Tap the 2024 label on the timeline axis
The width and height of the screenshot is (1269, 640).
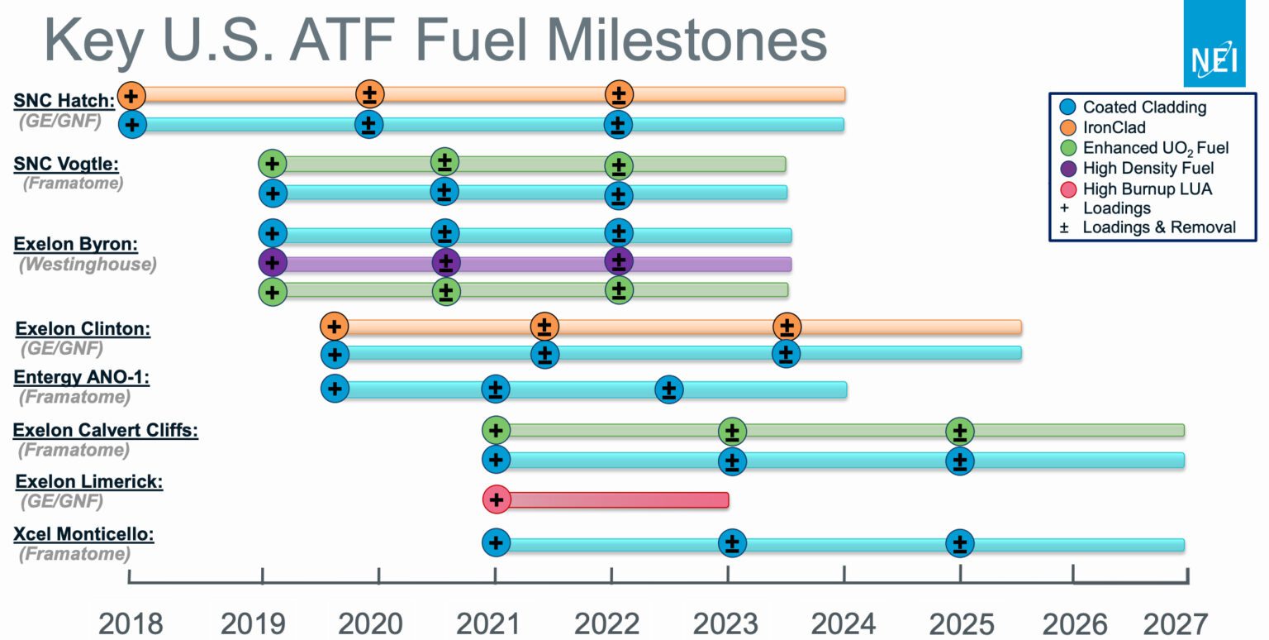click(844, 623)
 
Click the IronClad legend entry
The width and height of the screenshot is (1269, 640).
click(1114, 127)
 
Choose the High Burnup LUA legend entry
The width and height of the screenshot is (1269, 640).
click(1147, 189)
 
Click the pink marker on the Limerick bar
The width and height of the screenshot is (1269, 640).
click(496, 499)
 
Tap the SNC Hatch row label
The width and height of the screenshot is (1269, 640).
click(64, 101)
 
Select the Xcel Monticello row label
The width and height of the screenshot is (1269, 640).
click(83, 534)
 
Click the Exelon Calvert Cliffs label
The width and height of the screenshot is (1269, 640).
click(106, 430)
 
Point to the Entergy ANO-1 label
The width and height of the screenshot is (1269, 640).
click(81, 378)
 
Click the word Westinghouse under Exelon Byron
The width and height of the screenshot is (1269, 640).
click(87, 265)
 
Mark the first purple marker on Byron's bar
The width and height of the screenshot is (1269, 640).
click(272, 263)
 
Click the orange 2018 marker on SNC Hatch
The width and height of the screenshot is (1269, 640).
click(131, 95)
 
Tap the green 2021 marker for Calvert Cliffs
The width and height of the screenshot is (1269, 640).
click(496, 430)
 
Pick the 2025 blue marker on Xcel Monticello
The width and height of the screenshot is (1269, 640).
click(959, 544)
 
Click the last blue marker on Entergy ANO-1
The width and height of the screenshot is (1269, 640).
click(668, 389)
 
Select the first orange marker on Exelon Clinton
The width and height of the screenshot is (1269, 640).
click(333, 326)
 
